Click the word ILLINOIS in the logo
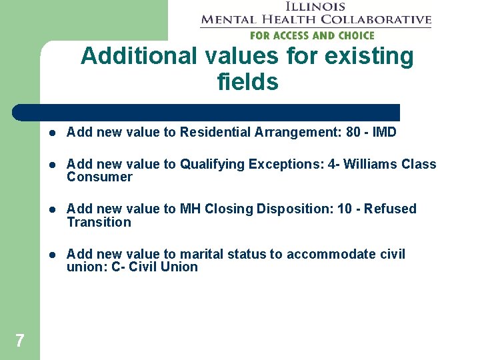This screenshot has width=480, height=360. [315, 7]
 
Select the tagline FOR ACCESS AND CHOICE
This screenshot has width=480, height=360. [312, 35]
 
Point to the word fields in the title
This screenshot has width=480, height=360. [247, 82]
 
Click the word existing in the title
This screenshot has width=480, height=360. [369, 57]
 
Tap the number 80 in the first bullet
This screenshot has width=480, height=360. [353, 132]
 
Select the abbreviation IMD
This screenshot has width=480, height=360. [384, 132]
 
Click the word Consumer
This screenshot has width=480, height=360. [99, 177]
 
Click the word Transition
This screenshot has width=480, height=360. [99, 222]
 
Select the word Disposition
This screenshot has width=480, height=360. [295, 209]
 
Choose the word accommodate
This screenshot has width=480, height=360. [322, 254]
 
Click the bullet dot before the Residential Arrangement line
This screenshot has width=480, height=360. [52, 133]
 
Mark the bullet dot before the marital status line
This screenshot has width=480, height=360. [52, 255]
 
